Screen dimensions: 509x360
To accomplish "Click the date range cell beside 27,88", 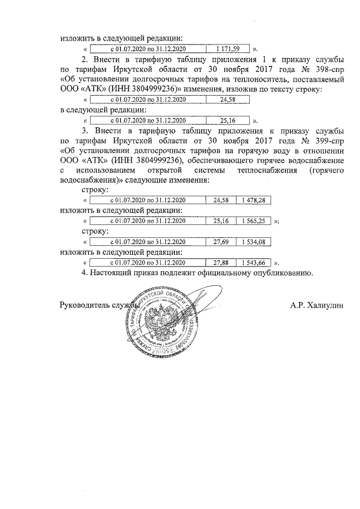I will [x=147, y=263].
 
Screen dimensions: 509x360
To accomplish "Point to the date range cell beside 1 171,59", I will [x=147, y=49].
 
